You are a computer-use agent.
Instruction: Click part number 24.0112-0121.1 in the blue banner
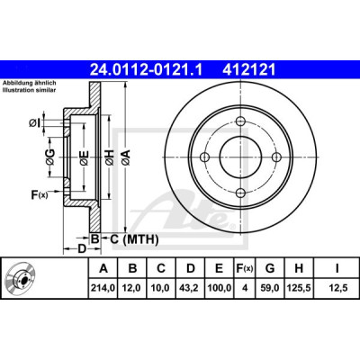click(146, 70)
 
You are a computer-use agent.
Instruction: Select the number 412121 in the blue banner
click(248, 70)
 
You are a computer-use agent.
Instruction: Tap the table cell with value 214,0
click(103, 288)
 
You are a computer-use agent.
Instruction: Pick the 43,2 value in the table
click(191, 288)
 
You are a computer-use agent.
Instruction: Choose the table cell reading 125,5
click(299, 288)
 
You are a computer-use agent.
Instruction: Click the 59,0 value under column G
click(270, 288)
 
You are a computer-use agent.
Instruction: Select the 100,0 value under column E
click(219, 288)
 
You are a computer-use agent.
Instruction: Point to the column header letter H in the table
click(299, 268)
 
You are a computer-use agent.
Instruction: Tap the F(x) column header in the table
click(245, 268)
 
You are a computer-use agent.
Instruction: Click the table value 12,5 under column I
click(337, 288)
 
